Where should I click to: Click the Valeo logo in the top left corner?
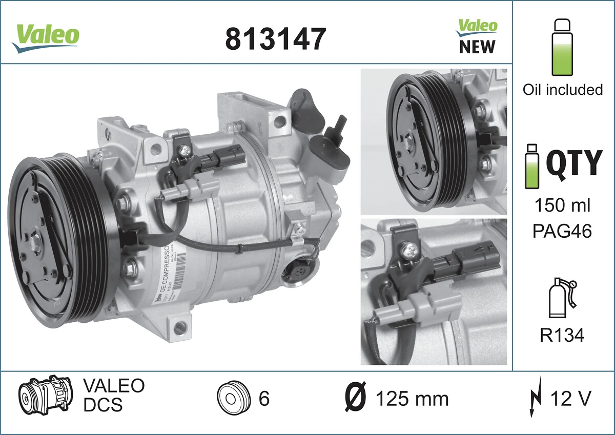click(46, 37)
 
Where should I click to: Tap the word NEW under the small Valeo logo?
click(477, 47)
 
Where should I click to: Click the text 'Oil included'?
click(562, 90)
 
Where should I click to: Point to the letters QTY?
click(573, 162)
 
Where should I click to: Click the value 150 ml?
click(562, 205)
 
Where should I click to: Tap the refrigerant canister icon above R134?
click(562, 299)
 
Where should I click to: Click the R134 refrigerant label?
click(562, 335)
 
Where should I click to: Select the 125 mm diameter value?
click(412, 399)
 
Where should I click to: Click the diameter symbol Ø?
click(355, 398)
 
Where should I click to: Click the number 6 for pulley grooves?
click(263, 399)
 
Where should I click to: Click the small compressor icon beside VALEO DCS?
click(47, 397)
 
